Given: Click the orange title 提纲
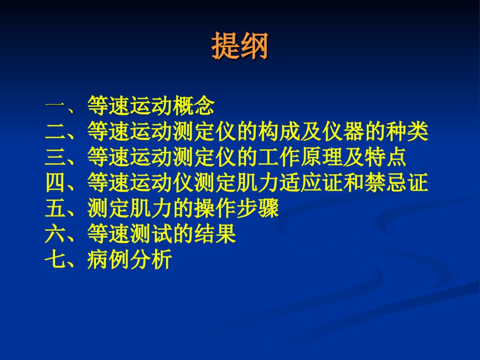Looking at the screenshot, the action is click(x=239, y=46).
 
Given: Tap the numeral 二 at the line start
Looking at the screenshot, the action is click(x=56, y=131).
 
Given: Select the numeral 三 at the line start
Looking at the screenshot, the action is click(x=56, y=157).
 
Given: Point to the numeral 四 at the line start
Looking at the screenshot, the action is click(x=56, y=182).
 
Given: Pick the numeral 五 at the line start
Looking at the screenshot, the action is click(x=56, y=208).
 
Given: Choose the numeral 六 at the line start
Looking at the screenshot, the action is click(x=56, y=234).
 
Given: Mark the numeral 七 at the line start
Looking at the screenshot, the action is click(x=56, y=260).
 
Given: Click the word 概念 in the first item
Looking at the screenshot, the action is click(x=194, y=105).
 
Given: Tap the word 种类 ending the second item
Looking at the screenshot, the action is click(x=407, y=131).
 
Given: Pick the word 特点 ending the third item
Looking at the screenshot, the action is click(x=386, y=157).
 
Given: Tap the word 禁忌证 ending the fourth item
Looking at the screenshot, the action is click(x=397, y=182).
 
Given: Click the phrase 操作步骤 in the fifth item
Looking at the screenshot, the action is click(x=236, y=208).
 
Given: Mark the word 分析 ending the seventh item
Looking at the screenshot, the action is click(x=151, y=260).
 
